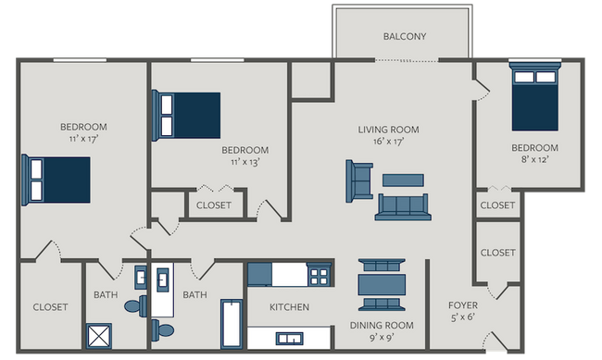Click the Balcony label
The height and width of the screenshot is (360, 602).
coord(405,36)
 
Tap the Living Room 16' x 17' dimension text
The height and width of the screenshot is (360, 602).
coord(389,142)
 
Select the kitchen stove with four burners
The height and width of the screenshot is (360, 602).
coord(319,275)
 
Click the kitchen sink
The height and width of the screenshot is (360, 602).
coord(290,339)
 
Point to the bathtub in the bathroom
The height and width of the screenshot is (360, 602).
coord(232,324)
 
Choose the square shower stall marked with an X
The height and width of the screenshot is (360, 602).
coord(99,336)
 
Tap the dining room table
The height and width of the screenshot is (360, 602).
coord(382,284)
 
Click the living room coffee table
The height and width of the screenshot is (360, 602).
coord(403,180)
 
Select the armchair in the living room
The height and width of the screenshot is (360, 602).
coord(359,181)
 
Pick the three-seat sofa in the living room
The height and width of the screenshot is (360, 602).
coord(403,207)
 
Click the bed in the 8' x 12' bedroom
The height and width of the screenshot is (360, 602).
coord(534,97)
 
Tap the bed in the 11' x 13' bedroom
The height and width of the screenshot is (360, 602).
coord(186,115)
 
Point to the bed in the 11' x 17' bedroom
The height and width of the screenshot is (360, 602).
coord(56,180)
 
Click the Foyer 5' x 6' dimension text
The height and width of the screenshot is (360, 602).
coord(463,317)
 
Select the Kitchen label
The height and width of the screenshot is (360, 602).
coord(290,307)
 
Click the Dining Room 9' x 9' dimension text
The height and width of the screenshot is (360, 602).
coord(382,338)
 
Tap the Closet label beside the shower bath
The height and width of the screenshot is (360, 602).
coord(50,307)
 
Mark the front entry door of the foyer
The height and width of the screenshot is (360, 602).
coord(495,341)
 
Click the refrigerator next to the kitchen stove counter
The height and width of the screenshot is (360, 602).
coord(259,275)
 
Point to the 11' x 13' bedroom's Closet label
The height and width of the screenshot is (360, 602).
coord(214,205)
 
